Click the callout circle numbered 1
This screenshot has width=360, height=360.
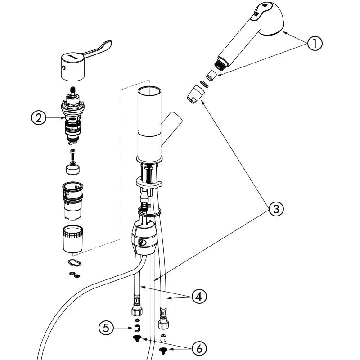[x=315, y=43]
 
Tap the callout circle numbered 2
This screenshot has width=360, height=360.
[x=39, y=118]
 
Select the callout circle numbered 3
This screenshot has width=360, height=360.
[x=276, y=209]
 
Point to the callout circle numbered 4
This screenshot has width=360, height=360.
[x=199, y=296]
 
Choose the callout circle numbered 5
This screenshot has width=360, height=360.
[x=106, y=328]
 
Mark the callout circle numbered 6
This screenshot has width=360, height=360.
[x=199, y=348]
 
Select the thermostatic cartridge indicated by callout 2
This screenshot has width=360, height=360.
[x=73, y=116]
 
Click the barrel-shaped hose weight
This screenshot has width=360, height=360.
[x=144, y=238]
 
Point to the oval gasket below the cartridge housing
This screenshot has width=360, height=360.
[x=75, y=262]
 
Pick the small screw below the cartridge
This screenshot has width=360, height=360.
[x=73, y=155]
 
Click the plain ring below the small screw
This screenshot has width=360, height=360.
[x=73, y=170]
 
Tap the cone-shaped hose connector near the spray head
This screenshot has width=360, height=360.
[x=196, y=94]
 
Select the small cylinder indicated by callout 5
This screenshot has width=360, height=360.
[x=137, y=328]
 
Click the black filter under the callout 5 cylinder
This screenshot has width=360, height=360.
[x=137, y=338]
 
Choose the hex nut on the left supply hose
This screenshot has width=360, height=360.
[x=137, y=311]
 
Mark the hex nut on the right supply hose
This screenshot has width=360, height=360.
[x=163, y=324]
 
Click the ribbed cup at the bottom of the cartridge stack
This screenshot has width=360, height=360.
[x=73, y=239]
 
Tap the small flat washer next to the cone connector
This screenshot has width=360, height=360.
[x=204, y=84]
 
